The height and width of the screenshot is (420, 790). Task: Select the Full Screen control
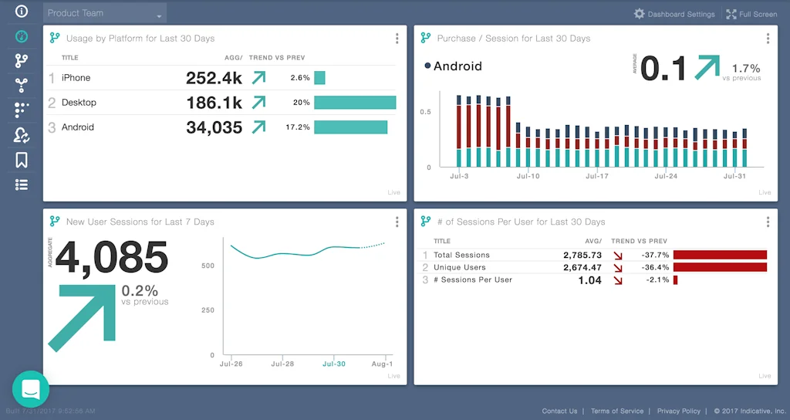coord(751,14)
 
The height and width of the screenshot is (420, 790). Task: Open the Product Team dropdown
coord(105,13)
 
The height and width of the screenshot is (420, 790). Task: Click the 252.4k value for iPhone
coord(214,78)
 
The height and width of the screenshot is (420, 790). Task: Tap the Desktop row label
coord(79,103)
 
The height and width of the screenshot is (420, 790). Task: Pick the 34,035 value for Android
coord(214,127)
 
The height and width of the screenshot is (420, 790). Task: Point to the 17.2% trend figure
coord(298,127)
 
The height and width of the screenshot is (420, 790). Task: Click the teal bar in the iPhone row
coord(319,78)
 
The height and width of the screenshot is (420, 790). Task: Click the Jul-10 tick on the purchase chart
coord(528,177)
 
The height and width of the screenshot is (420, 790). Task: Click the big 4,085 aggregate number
coord(112,257)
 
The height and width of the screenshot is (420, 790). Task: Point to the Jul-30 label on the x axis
coord(333,364)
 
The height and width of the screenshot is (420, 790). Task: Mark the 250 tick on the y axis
coord(208,310)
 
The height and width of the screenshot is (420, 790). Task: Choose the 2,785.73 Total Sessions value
coord(582,255)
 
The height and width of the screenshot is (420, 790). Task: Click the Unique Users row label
coord(460,267)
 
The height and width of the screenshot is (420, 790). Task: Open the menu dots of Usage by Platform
coord(397,39)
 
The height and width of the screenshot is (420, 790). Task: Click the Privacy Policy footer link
coord(679,412)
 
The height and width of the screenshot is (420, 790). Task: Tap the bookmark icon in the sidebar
coord(22,160)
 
